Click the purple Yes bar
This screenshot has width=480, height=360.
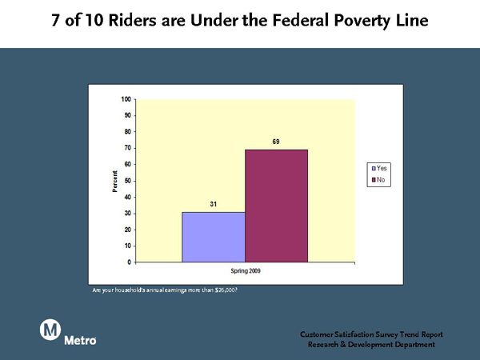coord(214,237)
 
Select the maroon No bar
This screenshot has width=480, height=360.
coord(277,206)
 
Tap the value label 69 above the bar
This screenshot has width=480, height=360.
coord(276,142)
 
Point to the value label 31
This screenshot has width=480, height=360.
coord(214,204)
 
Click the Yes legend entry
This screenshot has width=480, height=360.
coord(379,168)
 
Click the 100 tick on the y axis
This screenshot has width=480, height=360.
coord(126,99)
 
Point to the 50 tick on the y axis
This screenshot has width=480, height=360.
coord(128,181)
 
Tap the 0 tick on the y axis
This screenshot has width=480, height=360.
coord(129,262)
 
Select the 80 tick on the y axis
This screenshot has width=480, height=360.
coord(128,132)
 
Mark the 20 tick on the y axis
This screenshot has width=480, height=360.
coord(128,230)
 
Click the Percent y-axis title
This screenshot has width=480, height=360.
coord(114,182)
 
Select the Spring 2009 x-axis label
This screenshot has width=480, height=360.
coord(246,271)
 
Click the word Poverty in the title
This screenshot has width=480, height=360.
coord(362,21)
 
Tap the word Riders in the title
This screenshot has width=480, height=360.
coord(132,20)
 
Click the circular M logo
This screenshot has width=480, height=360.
coord(50,330)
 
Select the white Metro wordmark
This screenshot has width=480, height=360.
coord(80,340)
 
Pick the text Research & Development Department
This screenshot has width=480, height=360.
coord(371,344)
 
